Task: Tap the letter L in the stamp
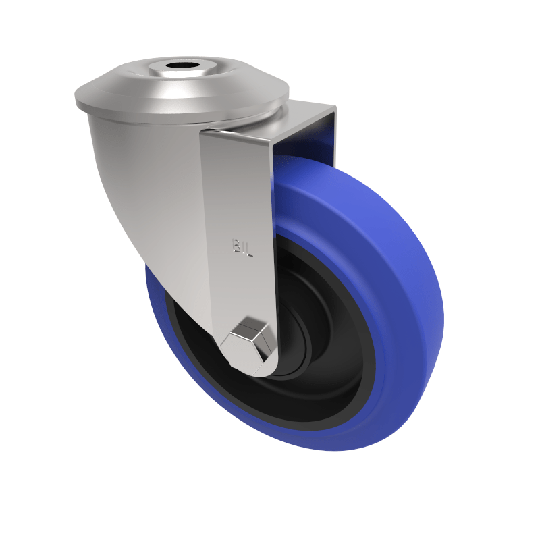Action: (x=249, y=252)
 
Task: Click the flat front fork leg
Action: (x=236, y=202)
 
